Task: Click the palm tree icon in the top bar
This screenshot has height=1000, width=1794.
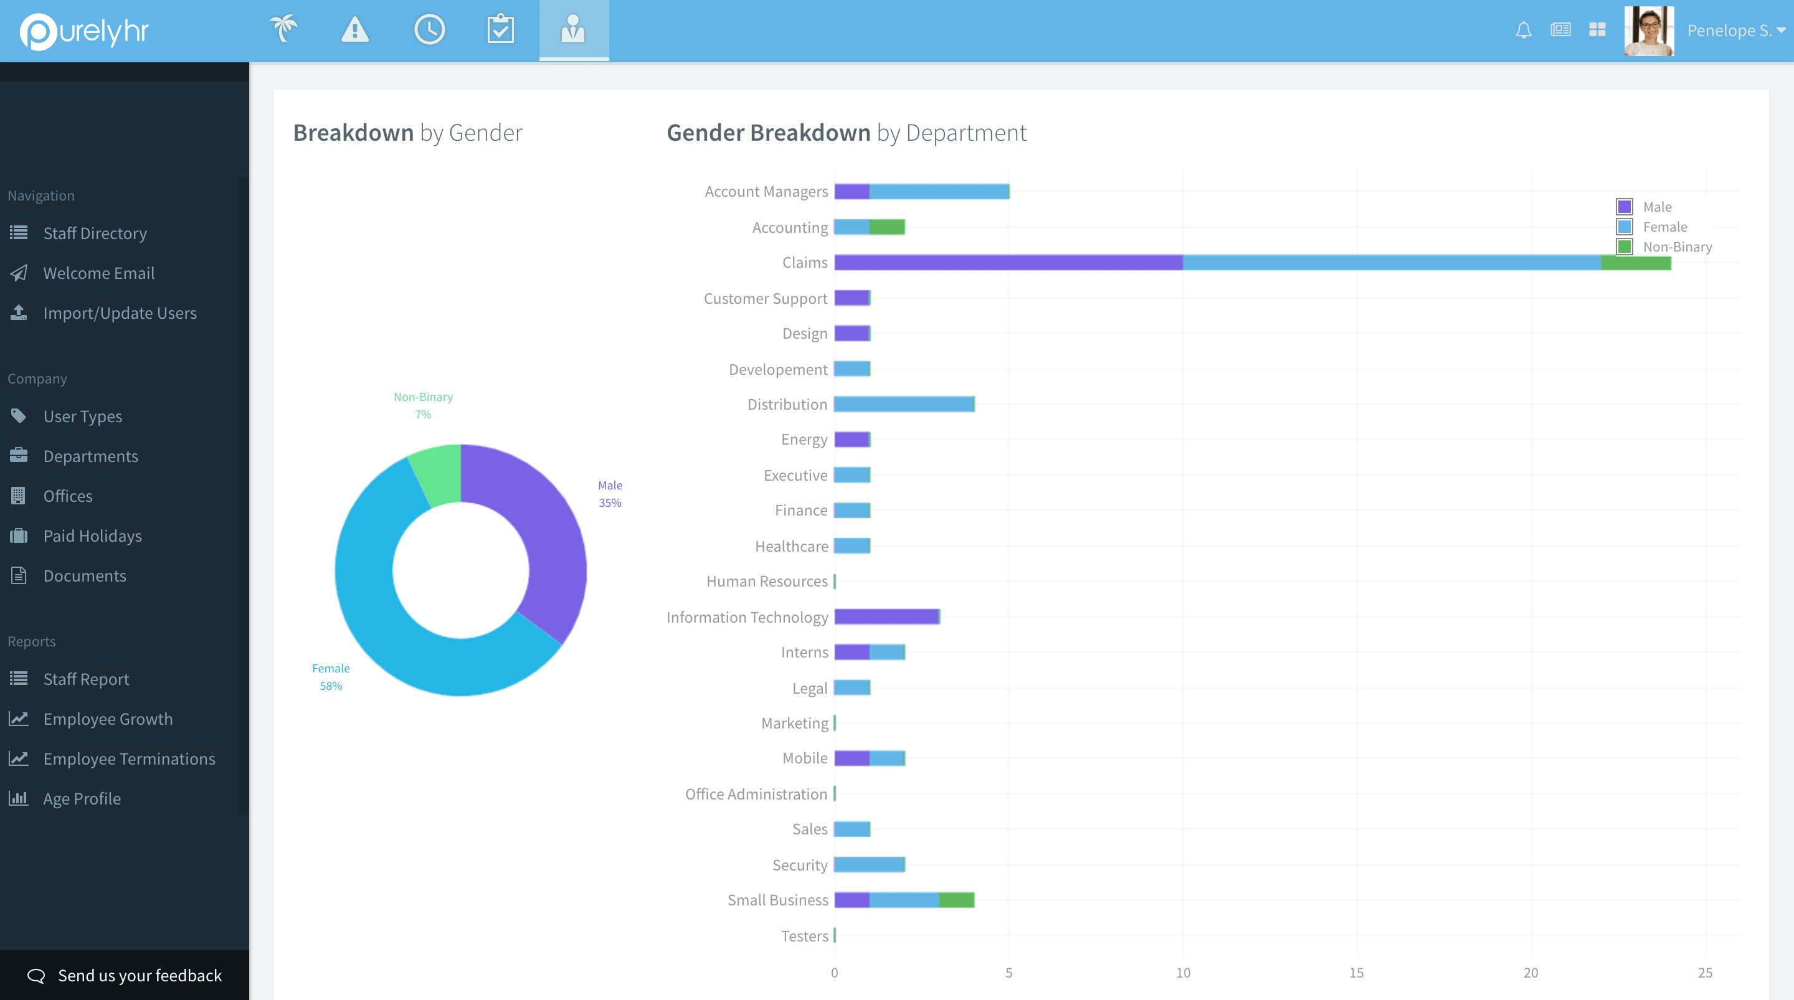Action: click(283, 29)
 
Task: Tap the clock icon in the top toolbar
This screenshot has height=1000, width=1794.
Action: click(429, 29)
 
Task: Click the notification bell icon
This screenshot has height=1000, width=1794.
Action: click(1523, 30)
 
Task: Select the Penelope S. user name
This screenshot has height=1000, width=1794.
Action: click(1729, 31)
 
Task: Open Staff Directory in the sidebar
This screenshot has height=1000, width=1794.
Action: click(95, 233)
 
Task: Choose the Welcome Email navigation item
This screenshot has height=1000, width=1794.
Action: click(98, 273)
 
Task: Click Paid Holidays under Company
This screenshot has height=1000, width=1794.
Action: click(92, 535)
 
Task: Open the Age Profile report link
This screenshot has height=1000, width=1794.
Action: click(82, 799)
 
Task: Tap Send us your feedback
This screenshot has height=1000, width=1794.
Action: click(140, 976)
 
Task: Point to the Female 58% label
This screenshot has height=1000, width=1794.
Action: click(331, 677)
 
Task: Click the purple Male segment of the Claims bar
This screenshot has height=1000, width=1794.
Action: click(1008, 263)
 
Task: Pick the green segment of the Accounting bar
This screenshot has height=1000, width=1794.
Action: click(886, 227)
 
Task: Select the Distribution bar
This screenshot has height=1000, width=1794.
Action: click(904, 404)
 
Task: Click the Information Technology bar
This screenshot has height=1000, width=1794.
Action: click(886, 616)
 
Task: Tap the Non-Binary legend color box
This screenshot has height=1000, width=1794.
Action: click(1624, 247)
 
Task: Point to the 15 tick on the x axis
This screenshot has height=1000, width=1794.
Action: click(1356, 973)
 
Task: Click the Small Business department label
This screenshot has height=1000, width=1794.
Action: click(777, 900)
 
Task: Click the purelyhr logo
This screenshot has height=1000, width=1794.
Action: click(84, 31)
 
